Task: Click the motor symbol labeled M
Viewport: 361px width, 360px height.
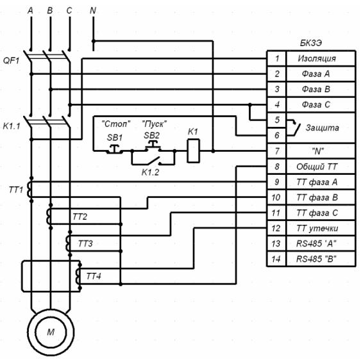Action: (51, 332)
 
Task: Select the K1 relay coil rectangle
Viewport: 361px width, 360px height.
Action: (193, 151)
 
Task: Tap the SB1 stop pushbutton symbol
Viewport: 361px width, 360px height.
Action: (114, 149)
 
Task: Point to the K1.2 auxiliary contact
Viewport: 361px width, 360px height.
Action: (153, 161)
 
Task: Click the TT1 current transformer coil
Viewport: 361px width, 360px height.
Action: (29, 190)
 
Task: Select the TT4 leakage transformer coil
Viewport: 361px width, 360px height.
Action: (78, 276)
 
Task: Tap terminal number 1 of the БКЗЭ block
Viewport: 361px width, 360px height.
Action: (276, 58)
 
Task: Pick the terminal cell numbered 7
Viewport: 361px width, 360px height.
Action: (276, 151)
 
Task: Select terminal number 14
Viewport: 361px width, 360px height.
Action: (276, 259)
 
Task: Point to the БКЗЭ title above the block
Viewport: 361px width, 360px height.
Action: (311, 43)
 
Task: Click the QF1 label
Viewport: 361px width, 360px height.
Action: (11, 61)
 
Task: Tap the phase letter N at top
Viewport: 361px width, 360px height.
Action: (93, 10)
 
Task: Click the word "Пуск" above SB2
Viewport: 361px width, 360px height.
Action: (155, 124)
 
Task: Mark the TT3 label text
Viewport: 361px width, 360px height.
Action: (85, 243)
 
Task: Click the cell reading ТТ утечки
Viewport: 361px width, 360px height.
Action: (317, 228)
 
